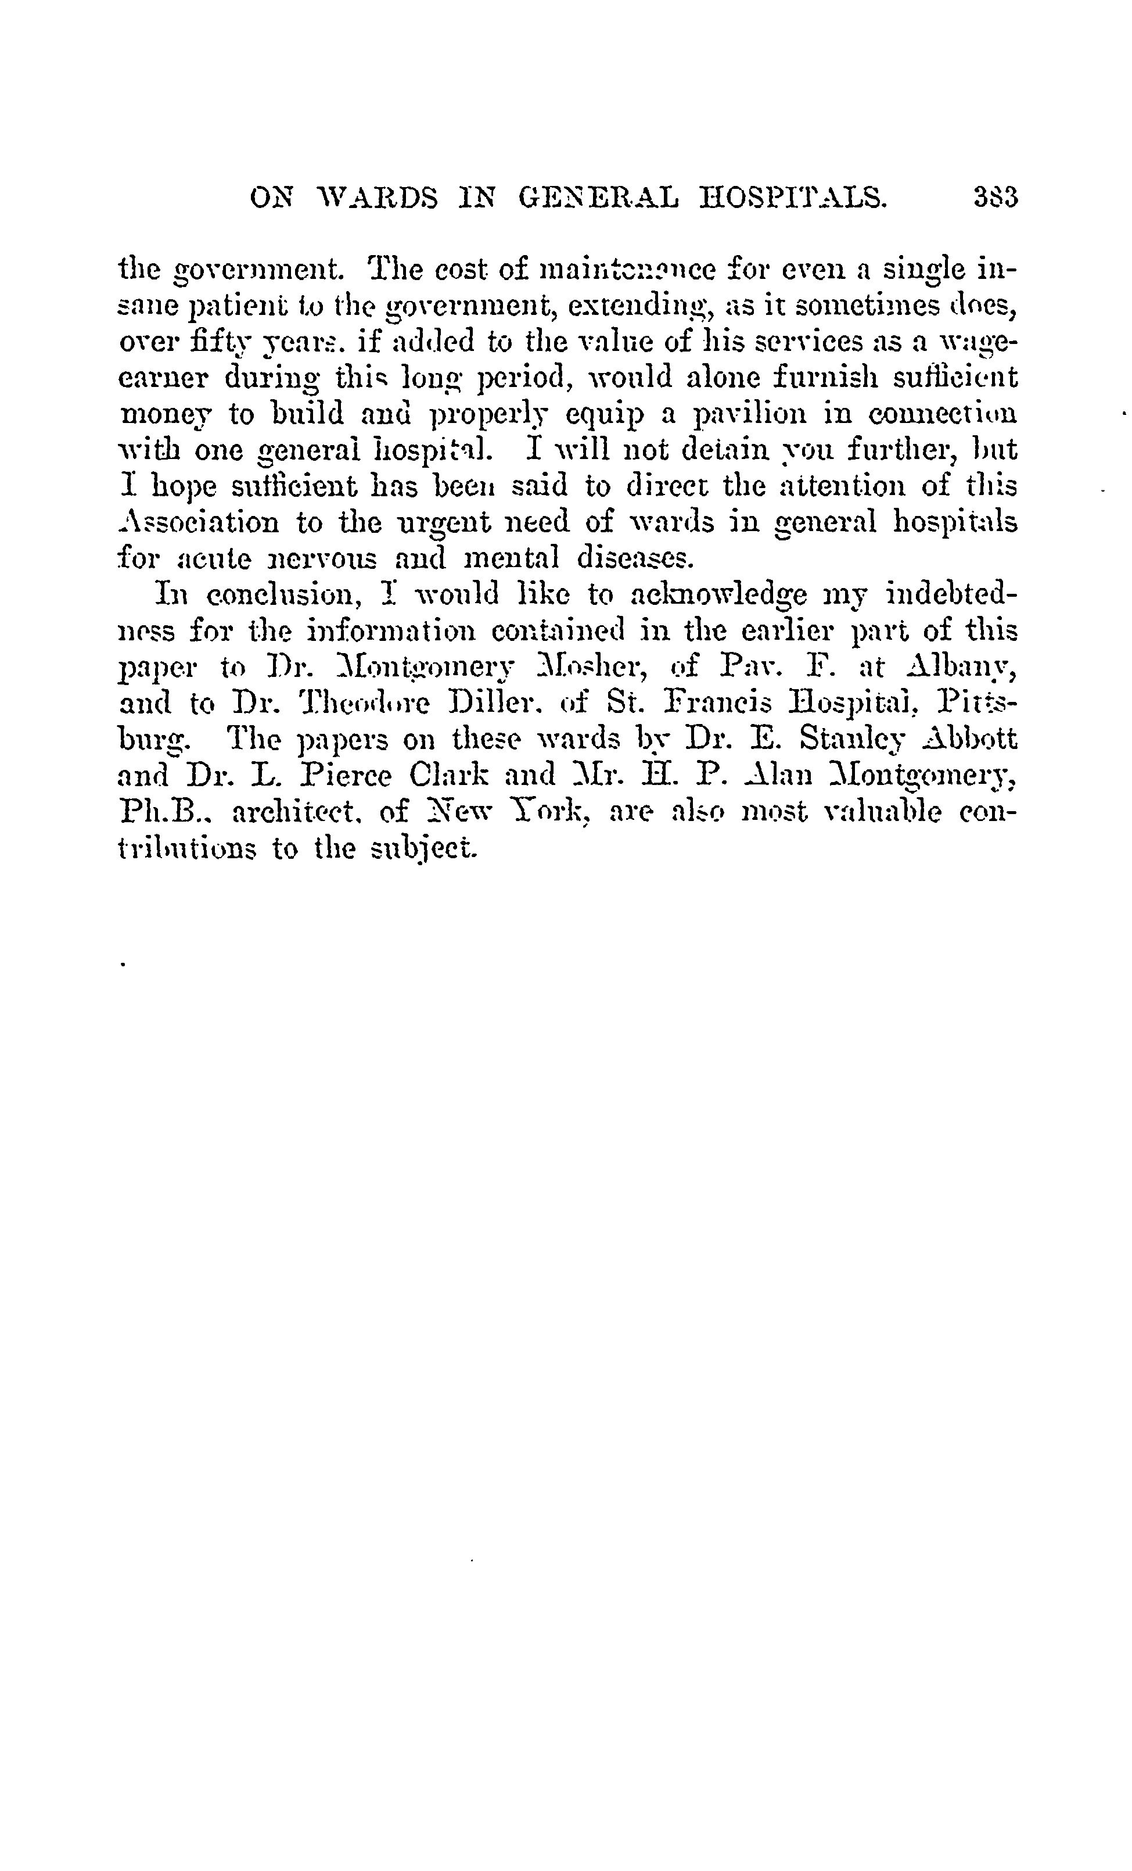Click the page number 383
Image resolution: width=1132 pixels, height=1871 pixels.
click(994, 198)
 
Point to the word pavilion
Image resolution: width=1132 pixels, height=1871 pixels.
click(766, 415)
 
